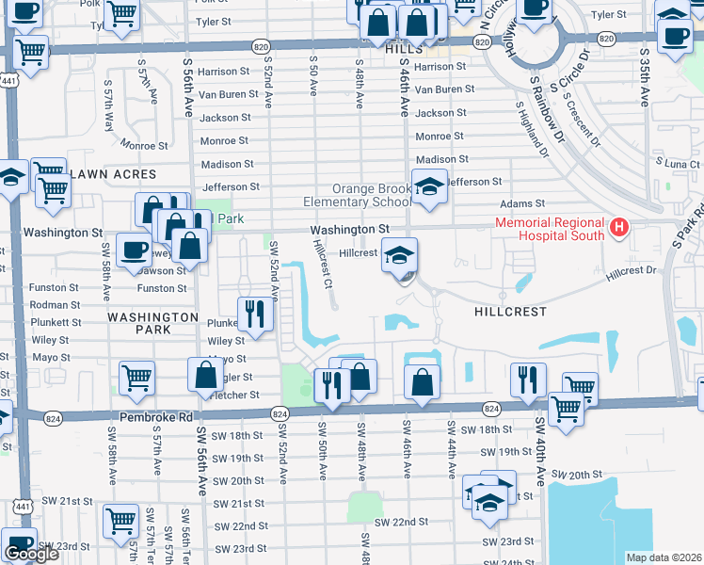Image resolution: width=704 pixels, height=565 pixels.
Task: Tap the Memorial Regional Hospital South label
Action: tap(552, 229)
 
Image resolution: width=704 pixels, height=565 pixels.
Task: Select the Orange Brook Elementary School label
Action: tap(359, 195)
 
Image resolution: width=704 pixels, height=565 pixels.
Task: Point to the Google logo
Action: tap(31, 554)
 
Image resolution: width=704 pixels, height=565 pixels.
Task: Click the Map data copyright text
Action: tap(664, 557)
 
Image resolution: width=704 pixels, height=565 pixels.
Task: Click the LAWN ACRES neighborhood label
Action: tap(106, 174)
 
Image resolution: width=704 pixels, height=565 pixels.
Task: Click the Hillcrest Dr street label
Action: tap(630, 270)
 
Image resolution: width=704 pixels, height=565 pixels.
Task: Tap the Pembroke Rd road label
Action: tap(155, 415)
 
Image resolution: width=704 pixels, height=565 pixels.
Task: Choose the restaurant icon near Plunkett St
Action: tap(254, 314)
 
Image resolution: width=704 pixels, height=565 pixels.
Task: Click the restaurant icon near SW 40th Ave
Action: tap(528, 379)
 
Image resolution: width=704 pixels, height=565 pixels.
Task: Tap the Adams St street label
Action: tap(527, 202)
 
